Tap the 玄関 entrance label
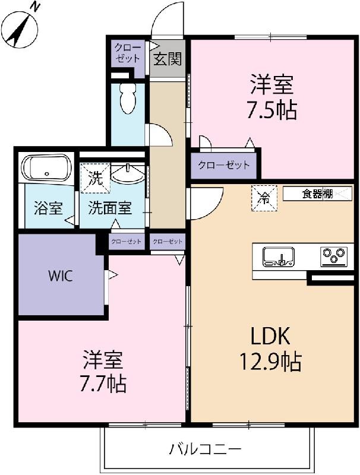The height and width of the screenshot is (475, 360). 168,59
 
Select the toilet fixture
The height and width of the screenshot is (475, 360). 128,98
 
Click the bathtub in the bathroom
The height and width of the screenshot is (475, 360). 46,169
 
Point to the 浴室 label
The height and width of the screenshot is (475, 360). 48,208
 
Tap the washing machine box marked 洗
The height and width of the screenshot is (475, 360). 95,178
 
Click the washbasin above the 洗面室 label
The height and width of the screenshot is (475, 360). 128,174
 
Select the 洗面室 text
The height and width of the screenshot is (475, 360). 110,208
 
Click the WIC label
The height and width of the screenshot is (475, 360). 61,276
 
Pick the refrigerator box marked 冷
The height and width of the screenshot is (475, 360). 264,198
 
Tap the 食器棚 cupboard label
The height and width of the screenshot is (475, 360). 317,194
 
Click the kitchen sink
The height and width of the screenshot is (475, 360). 279,256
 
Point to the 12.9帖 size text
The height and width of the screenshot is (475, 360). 271,362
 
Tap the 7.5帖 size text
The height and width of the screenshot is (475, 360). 272,110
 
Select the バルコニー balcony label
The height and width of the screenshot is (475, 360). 206,449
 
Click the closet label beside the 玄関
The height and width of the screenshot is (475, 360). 128,53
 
